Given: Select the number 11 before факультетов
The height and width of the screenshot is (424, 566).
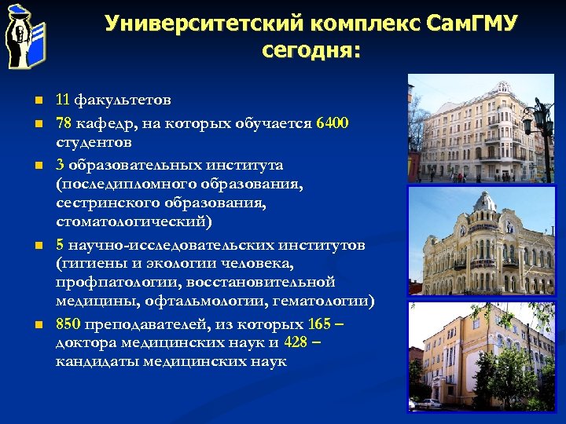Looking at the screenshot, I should point(63,101).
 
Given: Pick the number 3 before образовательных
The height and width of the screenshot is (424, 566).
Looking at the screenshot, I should point(60,165).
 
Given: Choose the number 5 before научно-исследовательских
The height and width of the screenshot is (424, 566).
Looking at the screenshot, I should point(60,245).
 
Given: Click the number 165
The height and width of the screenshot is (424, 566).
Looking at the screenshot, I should point(319,323).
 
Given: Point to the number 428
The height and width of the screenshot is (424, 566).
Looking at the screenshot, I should point(296,342).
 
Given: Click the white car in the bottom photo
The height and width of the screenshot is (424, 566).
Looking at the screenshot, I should point(428,403).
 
